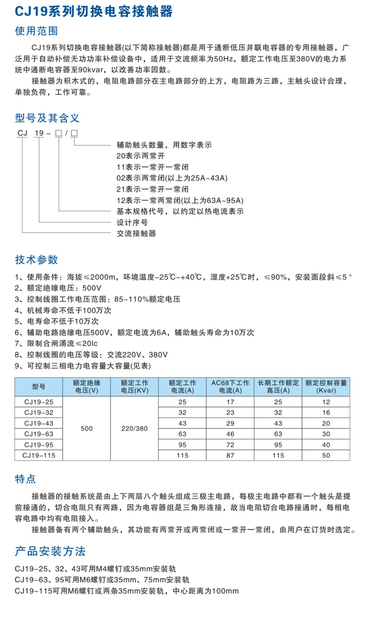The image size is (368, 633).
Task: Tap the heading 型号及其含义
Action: pyautogui.click(x=47, y=118)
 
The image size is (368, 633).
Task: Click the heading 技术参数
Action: pyautogui.click(x=36, y=259)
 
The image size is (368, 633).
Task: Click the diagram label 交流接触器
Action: pyautogui.click(x=136, y=233)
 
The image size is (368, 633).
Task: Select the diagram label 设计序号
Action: pyautogui.click(x=132, y=222)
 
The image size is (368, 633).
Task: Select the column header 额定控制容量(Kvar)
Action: pyautogui.click(x=327, y=386)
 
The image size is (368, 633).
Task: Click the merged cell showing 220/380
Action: pyautogui.click(x=135, y=429)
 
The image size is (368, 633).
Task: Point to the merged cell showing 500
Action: pyautogui.click(x=86, y=429)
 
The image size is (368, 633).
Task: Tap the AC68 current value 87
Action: pyautogui.click(x=231, y=455)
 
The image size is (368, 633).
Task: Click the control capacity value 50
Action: pyautogui.click(x=327, y=455)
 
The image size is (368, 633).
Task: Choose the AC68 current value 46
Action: pyautogui.click(x=231, y=433)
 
